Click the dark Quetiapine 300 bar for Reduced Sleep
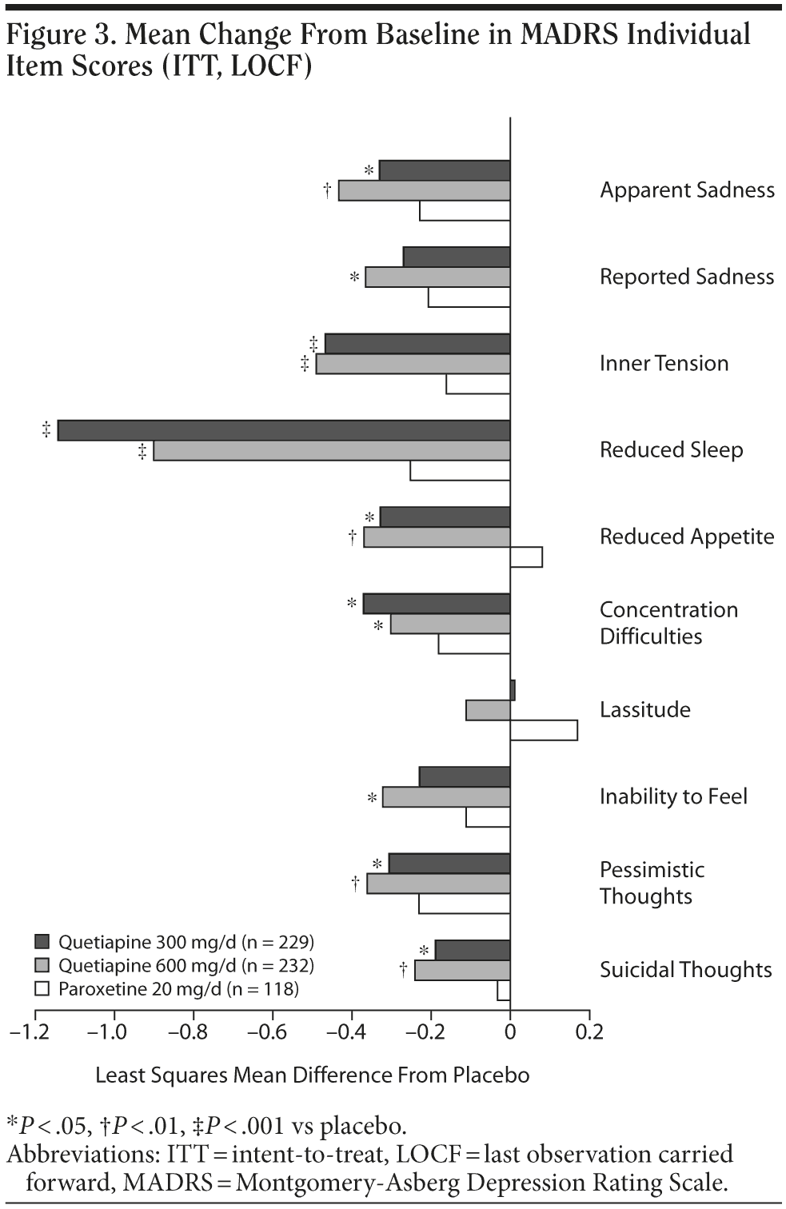284,430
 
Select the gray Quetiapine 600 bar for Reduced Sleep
331,450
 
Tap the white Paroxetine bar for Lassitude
544,730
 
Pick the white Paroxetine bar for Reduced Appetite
526,557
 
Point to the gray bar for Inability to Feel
446,797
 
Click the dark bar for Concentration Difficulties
437,604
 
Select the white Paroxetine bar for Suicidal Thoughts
504,990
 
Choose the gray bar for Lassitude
488,710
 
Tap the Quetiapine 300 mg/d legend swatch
42,941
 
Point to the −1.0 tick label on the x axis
107,1031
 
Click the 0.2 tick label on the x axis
589,1031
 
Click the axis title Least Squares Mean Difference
312,1075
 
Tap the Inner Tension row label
664,363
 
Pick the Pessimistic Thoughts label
652,883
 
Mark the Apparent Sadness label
687,190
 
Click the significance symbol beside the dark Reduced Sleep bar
46,430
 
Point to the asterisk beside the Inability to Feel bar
372,798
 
